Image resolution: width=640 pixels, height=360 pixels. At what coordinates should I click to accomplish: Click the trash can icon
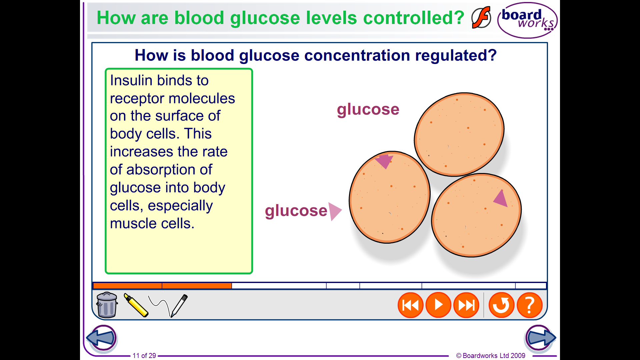pyautogui.click(x=107, y=305)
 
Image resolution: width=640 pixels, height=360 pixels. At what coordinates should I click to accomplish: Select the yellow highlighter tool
pyautogui.click(x=136, y=305)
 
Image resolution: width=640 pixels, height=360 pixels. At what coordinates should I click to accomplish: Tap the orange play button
pyautogui.click(x=438, y=305)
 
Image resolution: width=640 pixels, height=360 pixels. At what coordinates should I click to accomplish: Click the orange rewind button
pyautogui.click(x=410, y=305)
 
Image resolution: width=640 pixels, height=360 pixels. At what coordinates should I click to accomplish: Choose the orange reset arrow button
pyautogui.click(x=501, y=305)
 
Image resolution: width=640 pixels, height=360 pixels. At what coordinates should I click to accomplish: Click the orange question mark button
pyautogui.click(x=529, y=305)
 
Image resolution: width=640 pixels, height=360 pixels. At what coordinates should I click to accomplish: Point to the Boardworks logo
pyautogui.click(x=527, y=20)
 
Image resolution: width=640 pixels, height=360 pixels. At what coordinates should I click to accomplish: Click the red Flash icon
pyautogui.click(x=481, y=17)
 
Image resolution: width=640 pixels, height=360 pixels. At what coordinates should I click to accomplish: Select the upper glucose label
pyautogui.click(x=368, y=110)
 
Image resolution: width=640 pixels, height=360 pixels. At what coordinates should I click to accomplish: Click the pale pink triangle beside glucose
pyautogui.click(x=335, y=211)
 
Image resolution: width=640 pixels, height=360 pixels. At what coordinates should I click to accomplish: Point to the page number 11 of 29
pyautogui.click(x=144, y=356)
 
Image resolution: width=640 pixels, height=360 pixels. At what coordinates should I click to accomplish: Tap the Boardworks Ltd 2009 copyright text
pyautogui.click(x=491, y=356)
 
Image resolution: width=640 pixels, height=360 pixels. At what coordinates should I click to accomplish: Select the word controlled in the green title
pyautogui.click(x=413, y=18)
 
